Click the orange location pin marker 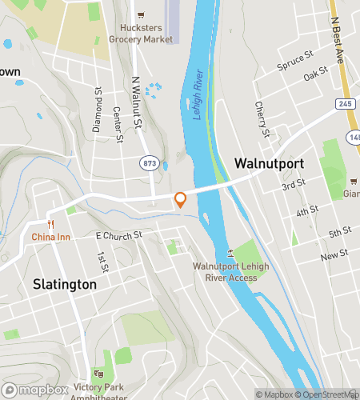pos(181,199)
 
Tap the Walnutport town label pos(269,162)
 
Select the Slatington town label pos(65,284)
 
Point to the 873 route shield pos(149,162)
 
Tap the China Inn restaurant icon pos(50,225)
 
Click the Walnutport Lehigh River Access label pos(225,272)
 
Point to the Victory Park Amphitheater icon pos(99,374)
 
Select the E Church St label pos(118,236)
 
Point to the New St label pos(330,256)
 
